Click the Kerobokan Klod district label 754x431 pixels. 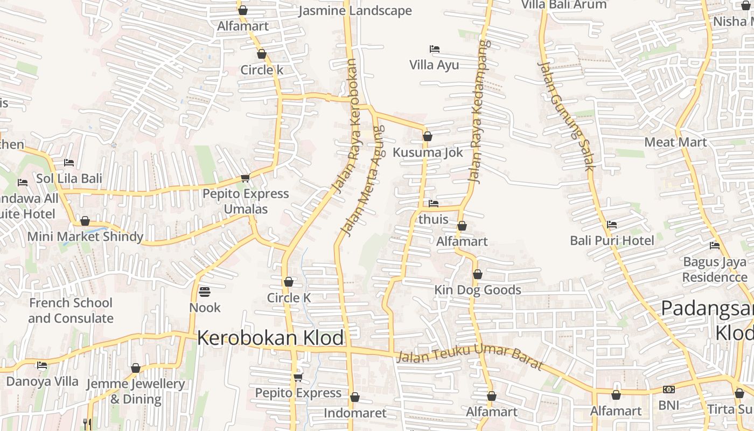point(270,338)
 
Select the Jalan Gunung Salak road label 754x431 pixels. point(566,116)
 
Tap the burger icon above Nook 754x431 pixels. point(205,292)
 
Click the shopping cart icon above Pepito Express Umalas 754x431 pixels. point(245,178)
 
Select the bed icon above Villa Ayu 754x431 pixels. point(435,49)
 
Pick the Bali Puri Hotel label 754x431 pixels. point(612,240)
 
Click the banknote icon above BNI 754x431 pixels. point(668,390)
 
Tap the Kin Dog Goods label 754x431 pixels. point(478,290)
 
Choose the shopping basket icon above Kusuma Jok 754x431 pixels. point(427,136)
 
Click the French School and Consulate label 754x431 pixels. point(71,310)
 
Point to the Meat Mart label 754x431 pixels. point(675,142)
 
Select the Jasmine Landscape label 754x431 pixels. point(355,11)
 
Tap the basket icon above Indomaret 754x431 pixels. point(354,398)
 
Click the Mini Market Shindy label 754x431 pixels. point(85,236)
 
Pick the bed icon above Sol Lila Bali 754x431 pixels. point(69,162)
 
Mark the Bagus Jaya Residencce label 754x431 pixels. point(715,269)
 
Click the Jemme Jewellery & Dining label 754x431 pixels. point(136,391)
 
